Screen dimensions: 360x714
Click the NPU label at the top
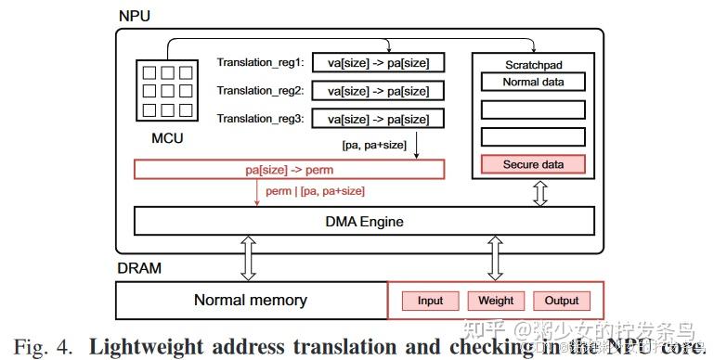click(x=135, y=17)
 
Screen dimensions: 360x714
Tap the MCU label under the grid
click(x=166, y=139)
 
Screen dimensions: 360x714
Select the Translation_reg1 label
click(x=261, y=63)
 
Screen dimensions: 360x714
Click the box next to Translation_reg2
click(x=378, y=91)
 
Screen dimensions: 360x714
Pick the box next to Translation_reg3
click(x=378, y=119)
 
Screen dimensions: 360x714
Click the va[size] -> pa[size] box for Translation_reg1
click(x=378, y=63)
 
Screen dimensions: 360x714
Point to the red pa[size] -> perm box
click(x=290, y=171)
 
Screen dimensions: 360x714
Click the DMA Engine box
click(x=363, y=222)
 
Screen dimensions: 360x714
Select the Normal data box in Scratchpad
click(x=533, y=82)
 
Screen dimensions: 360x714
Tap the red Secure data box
click(x=533, y=165)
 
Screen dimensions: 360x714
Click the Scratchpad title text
click(x=533, y=64)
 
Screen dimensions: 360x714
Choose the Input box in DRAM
click(x=430, y=301)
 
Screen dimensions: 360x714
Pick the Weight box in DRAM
click(x=496, y=301)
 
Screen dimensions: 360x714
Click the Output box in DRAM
click(x=562, y=301)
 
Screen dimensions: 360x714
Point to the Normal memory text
click(x=250, y=301)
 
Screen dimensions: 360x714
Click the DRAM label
click(x=138, y=269)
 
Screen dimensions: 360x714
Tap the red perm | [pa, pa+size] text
click(x=316, y=191)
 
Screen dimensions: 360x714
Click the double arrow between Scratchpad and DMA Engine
click(x=539, y=193)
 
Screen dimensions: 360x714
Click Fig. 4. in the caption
click(x=47, y=347)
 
